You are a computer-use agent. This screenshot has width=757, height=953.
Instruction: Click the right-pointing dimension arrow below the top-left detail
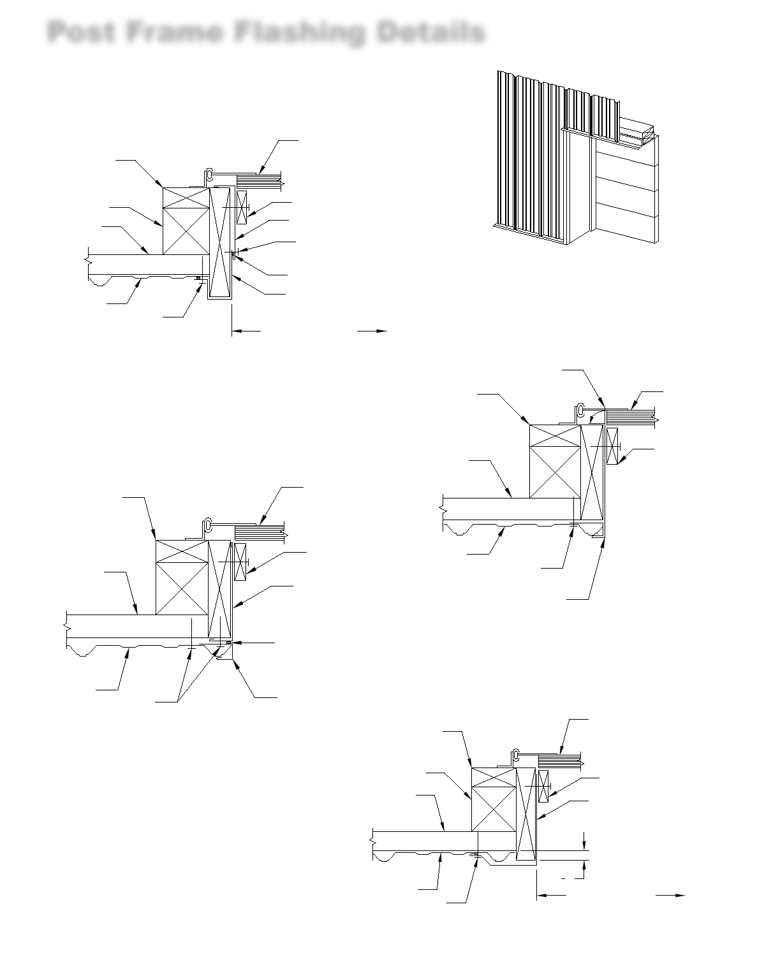[380, 331]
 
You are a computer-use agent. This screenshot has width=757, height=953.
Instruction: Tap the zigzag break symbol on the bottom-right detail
[371, 841]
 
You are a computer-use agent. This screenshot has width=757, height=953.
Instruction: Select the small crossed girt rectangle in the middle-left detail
[240, 562]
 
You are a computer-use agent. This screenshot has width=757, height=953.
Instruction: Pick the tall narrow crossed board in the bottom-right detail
[525, 815]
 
